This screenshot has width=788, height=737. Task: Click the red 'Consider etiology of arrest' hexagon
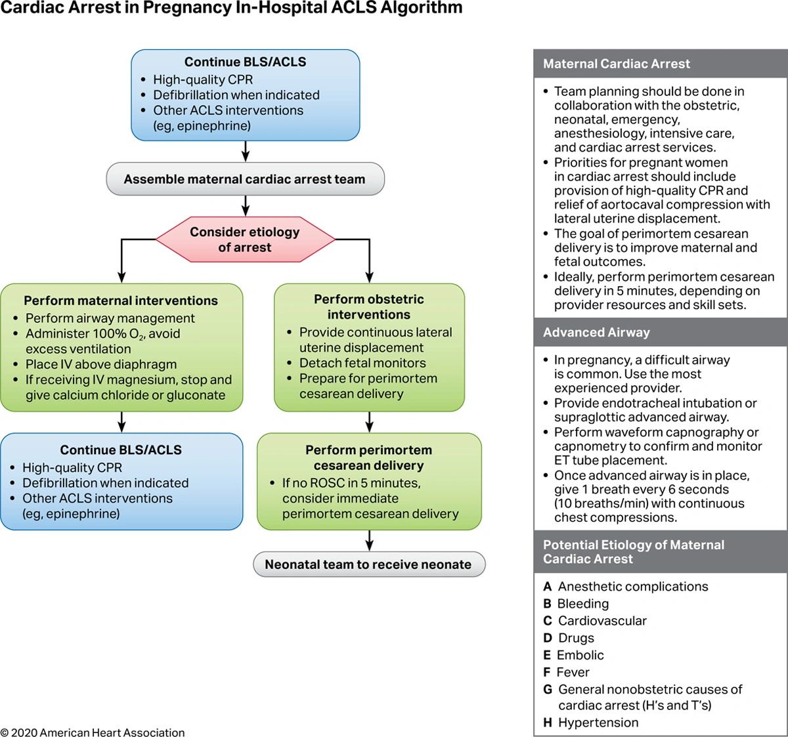click(x=244, y=240)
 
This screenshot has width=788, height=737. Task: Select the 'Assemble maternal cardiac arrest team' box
click(x=244, y=179)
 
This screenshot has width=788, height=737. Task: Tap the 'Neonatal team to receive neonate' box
click(x=368, y=564)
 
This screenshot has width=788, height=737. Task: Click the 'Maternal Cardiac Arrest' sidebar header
click(x=616, y=64)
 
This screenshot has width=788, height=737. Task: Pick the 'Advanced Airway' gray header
click(x=596, y=332)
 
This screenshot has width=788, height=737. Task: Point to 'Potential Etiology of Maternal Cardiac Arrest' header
click(x=633, y=552)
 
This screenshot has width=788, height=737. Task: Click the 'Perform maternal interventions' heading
click(x=121, y=301)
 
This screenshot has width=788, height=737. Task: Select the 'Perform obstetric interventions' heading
click(x=368, y=306)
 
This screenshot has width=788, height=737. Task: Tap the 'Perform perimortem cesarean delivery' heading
click(x=368, y=457)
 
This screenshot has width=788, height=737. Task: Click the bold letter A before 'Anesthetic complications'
click(x=547, y=587)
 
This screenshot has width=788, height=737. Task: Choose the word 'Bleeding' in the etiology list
click(x=583, y=604)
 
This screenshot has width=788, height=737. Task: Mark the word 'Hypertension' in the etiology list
click(x=598, y=723)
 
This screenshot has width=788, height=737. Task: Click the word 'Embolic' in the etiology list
click(x=580, y=655)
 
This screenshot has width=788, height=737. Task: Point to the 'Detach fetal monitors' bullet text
click(x=362, y=363)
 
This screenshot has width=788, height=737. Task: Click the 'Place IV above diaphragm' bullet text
click(x=101, y=364)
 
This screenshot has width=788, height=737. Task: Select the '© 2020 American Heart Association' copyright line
click(x=93, y=732)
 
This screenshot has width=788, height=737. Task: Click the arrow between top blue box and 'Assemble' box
click(x=245, y=151)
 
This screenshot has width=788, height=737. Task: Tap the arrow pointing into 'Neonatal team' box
click(x=369, y=541)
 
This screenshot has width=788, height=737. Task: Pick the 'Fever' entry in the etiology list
click(x=573, y=672)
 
